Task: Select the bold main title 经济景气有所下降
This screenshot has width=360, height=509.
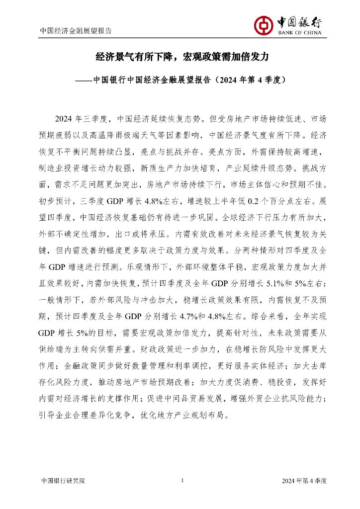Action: pos(127,57)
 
